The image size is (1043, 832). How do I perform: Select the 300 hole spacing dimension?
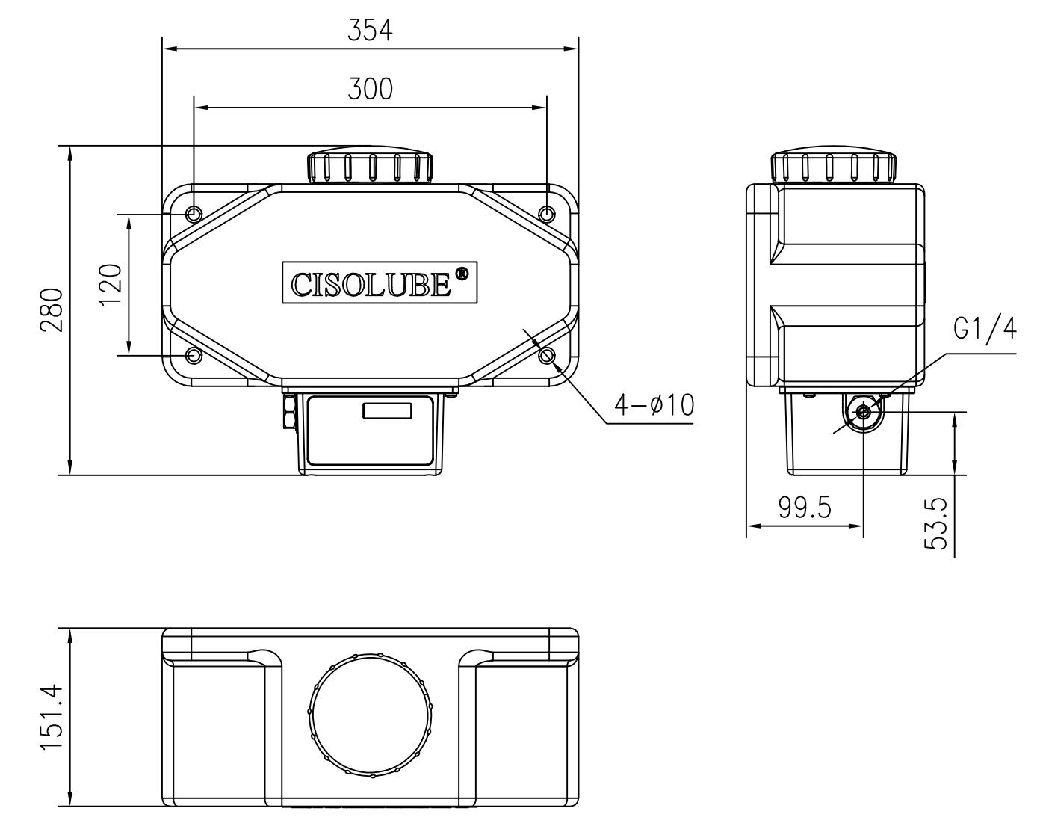pyautogui.click(x=370, y=89)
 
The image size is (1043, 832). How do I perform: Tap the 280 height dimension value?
pyautogui.click(x=52, y=309)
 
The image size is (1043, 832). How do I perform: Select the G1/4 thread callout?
pyautogui.click(x=984, y=328)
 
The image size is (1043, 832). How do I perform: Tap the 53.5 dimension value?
pyautogui.click(x=937, y=524)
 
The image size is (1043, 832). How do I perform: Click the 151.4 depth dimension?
pyautogui.click(x=52, y=718)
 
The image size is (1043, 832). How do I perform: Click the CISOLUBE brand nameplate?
pyautogui.click(x=379, y=283)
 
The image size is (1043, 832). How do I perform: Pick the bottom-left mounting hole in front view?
pyautogui.click(x=194, y=355)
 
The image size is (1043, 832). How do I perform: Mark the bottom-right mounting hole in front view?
pyautogui.click(x=548, y=355)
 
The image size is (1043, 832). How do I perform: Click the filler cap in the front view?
pyautogui.click(x=371, y=166)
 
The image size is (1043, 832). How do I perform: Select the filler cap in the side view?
pyautogui.click(x=835, y=167)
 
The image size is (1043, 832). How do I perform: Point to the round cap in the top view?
pyautogui.click(x=371, y=715)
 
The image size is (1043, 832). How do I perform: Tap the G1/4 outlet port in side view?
pyautogui.click(x=863, y=411)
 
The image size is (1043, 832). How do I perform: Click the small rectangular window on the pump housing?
pyautogui.click(x=387, y=410)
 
